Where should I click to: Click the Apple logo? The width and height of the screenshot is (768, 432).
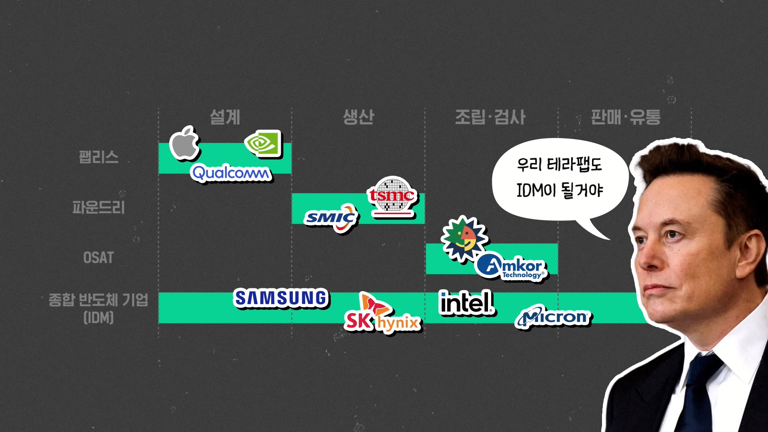point(184,143)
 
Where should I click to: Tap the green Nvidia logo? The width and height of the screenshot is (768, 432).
point(263,144)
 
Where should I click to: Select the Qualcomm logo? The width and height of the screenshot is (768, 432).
point(231,173)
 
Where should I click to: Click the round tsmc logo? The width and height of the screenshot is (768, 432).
point(392,196)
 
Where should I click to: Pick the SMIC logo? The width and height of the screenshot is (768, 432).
point(332,218)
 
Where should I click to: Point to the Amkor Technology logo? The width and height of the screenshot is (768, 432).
point(512,266)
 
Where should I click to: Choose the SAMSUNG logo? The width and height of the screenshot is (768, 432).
point(281,298)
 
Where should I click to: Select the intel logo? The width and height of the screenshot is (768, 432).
point(466,302)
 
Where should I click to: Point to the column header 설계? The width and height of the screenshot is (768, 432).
point(225,117)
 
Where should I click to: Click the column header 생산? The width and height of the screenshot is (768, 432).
point(358,117)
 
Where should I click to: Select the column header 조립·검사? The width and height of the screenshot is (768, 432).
point(490,117)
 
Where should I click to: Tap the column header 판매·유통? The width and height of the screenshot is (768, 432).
point(626,117)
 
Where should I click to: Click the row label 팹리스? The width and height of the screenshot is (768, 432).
point(98,157)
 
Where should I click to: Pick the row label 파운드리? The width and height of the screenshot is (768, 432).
point(98,207)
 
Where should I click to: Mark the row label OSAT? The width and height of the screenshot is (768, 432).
point(98,258)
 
